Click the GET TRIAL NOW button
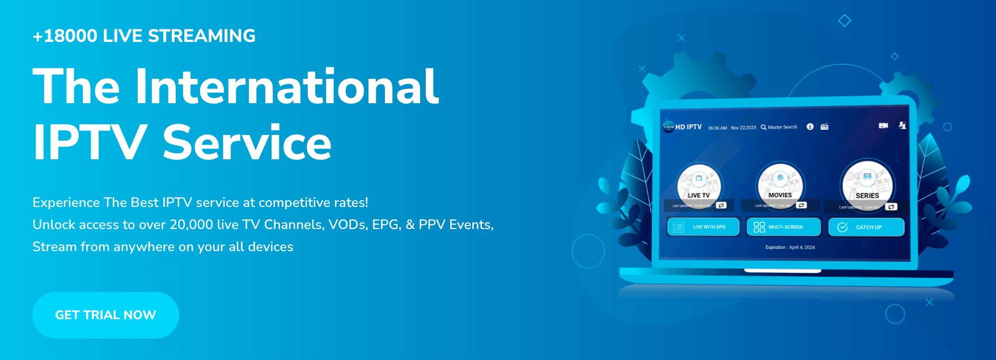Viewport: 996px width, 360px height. [105, 315]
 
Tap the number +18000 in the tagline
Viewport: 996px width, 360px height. [65, 36]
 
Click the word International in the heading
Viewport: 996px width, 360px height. [286, 87]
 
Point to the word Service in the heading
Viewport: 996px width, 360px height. [247, 143]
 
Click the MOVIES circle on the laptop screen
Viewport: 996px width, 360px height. [780, 183]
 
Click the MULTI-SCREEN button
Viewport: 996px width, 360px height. [783, 227]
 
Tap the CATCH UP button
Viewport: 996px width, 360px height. [866, 227]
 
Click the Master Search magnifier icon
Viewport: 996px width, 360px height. [764, 128]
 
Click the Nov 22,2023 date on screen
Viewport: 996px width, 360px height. [743, 128]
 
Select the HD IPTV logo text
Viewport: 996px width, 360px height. [688, 127]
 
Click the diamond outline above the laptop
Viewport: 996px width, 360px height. [845, 21]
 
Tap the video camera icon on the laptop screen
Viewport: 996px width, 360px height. [883, 125]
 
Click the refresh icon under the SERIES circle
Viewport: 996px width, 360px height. [891, 207]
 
